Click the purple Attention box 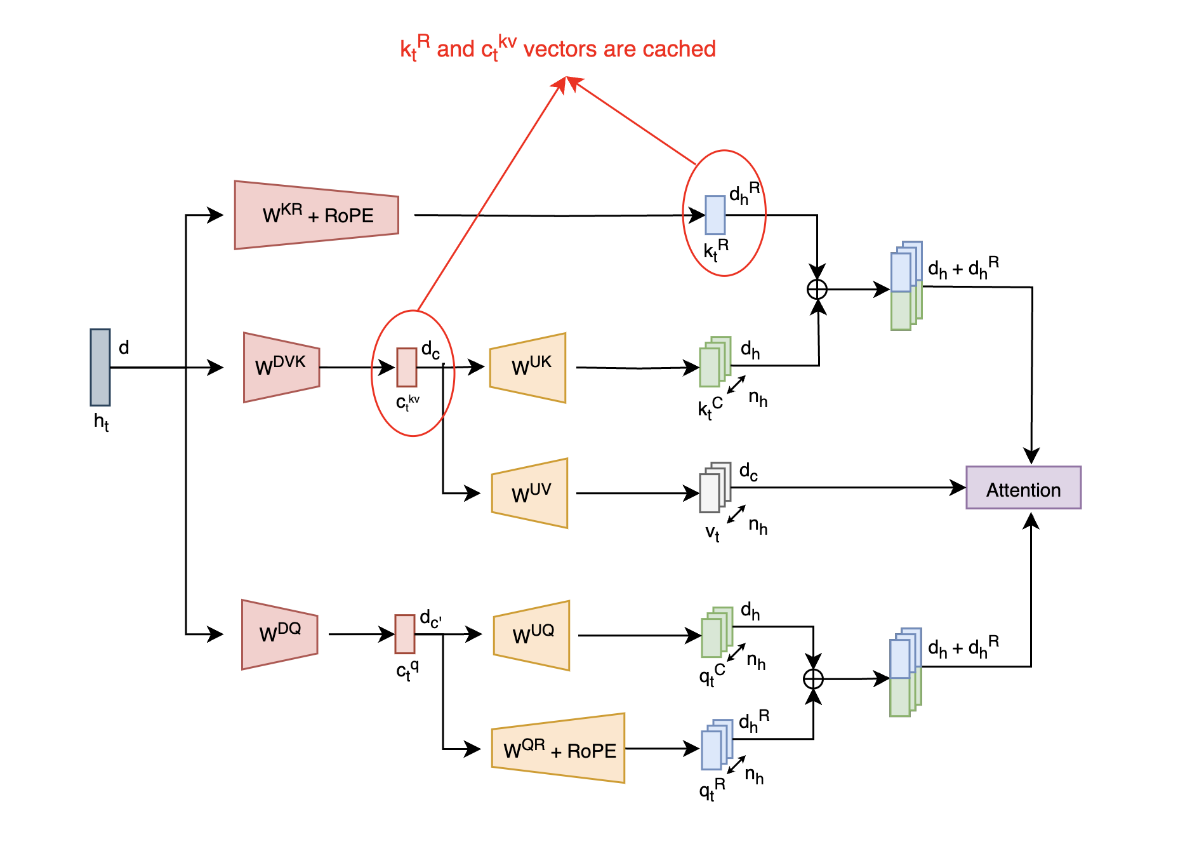[1022, 488]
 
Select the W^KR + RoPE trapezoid [316, 215]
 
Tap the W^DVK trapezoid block [281, 367]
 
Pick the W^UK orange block [527, 368]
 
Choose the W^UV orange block [529, 493]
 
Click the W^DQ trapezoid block [279, 634]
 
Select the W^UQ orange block [531, 635]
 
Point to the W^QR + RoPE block [558, 749]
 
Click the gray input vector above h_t [100, 367]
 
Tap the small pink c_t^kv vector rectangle [406, 367]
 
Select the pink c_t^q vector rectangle [404, 634]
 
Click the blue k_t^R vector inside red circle [715, 215]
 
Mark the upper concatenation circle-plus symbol [817, 290]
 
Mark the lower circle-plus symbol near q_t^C [813, 679]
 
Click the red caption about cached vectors [557, 49]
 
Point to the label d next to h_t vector [124, 347]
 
